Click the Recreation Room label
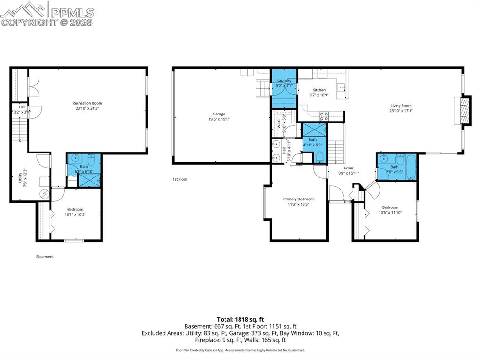pyautogui.click(x=87, y=103)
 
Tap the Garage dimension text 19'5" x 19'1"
pyautogui.click(x=219, y=119)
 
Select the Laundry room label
pyautogui.click(x=284, y=81)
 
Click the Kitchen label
pyautogui.click(x=319, y=90)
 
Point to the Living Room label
pyautogui.click(x=400, y=106)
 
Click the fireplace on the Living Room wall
pyautogui.click(x=463, y=111)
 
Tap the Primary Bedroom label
pyautogui.click(x=298, y=199)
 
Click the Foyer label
pyautogui.click(x=349, y=168)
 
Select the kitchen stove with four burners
pyautogui.click(x=324, y=115)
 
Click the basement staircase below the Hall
pyautogui.click(x=17, y=130)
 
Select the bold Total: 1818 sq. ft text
pyautogui.click(x=240, y=319)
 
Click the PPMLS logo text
pyautogui.click(x=72, y=13)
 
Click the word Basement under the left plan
pyautogui.click(x=45, y=257)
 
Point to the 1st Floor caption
pyautogui.click(x=180, y=179)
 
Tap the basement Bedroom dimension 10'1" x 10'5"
pyautogui.click(x=75, y=214)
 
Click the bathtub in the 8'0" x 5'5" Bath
pyautogui.click(x=410, y=167)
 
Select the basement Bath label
pyautogui.click(x=84, y=166)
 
